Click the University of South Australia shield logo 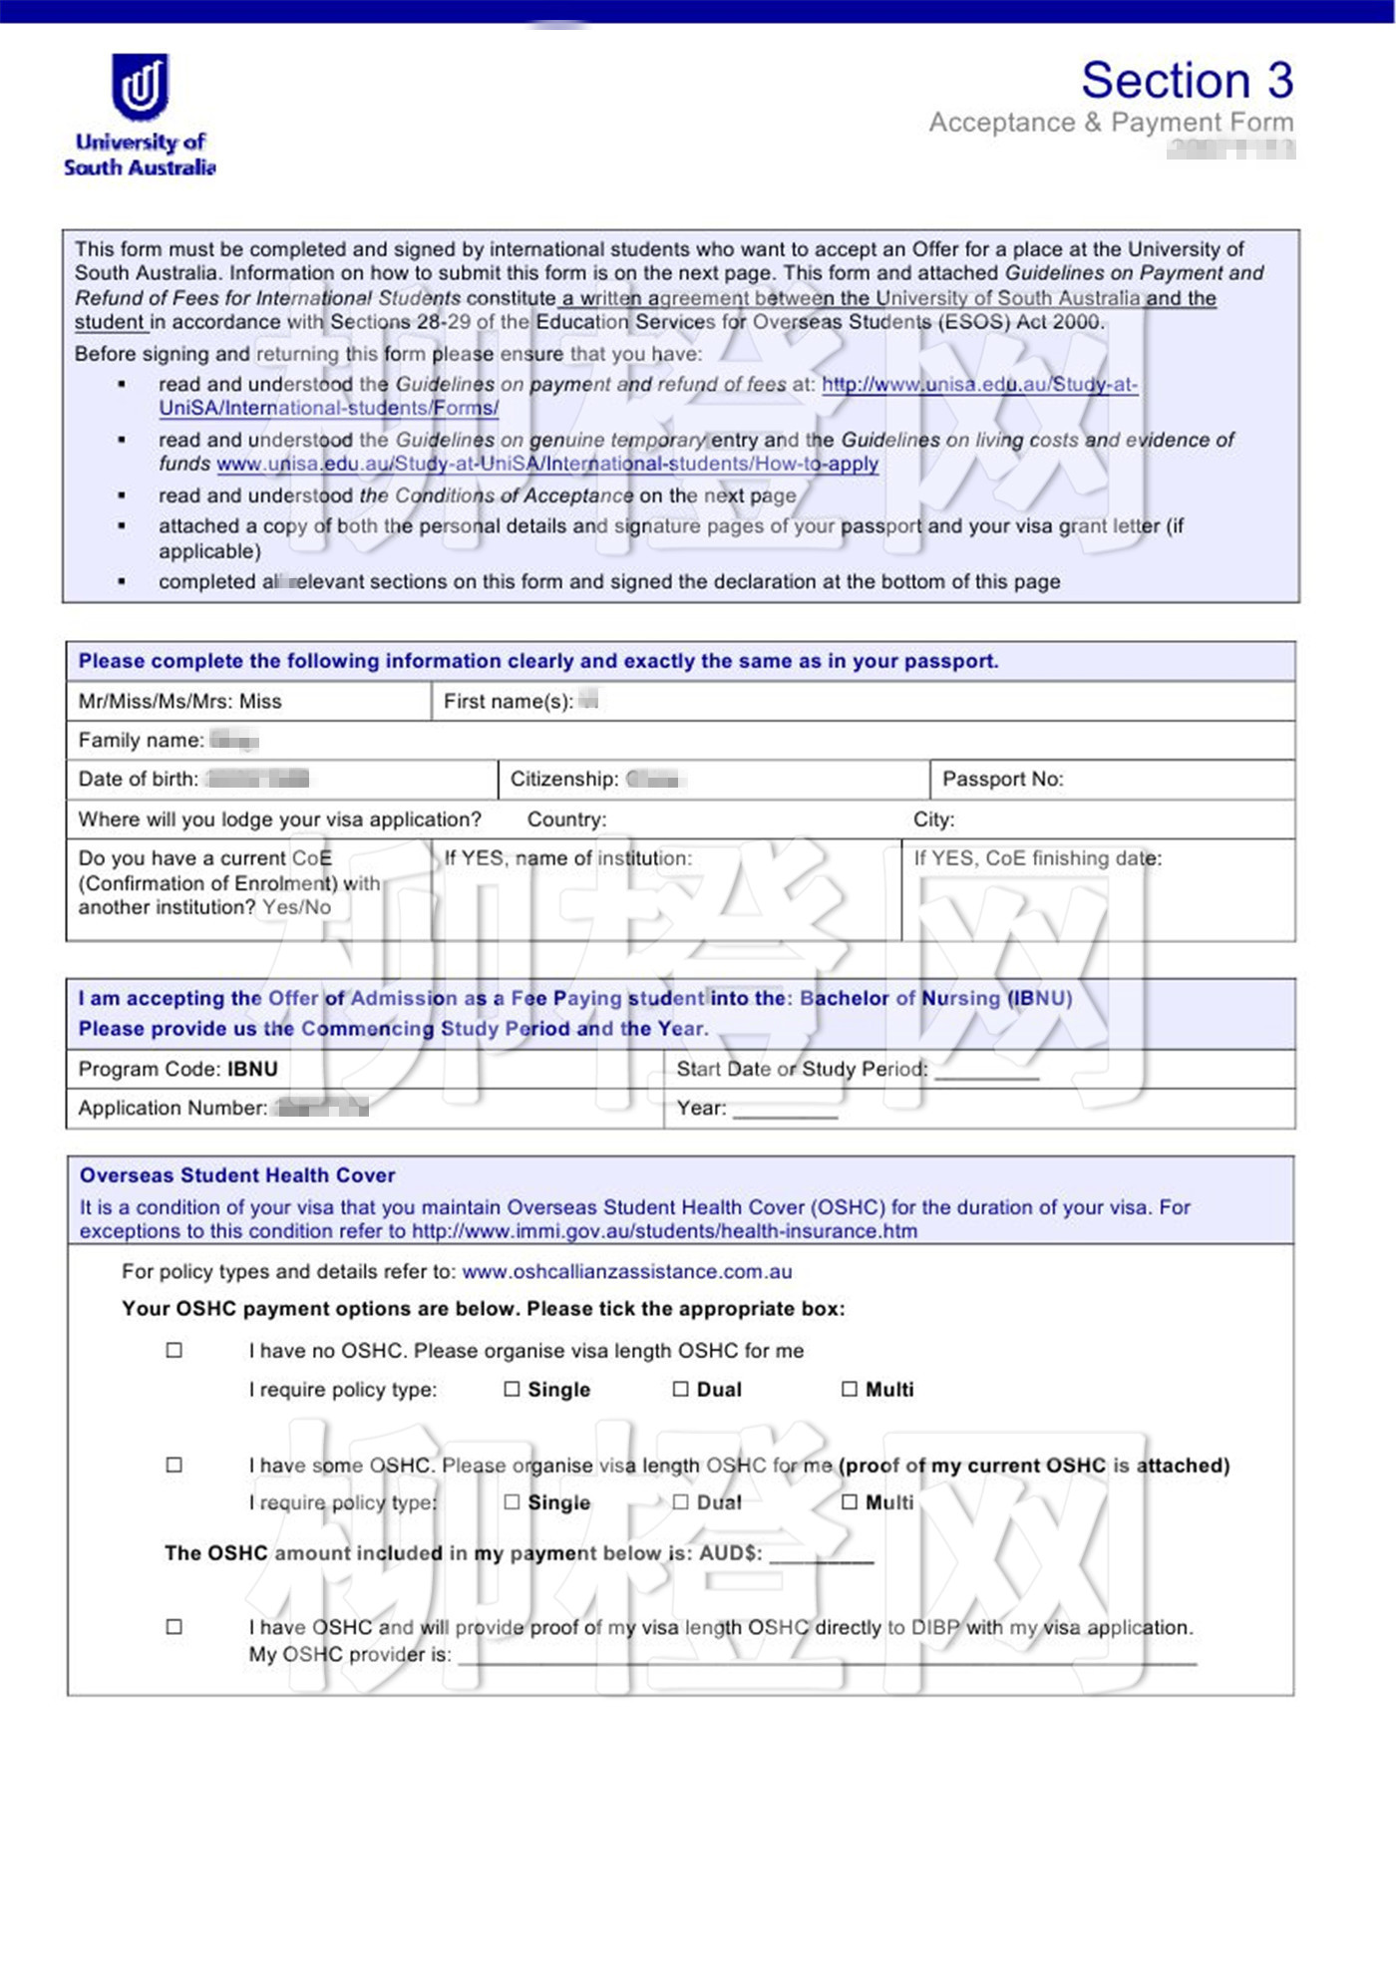(x=140, y=88)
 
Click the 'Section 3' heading (x=1187, y=81)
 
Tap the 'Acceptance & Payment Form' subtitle (x=1111, y=123)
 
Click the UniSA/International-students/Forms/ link (x=328, y=409)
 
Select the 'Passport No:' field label (x=1002, y=780)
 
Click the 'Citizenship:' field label (x=564, y=780)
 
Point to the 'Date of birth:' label (x=138, y=780)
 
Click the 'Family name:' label (x=141, y=741)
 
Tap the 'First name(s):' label (x=508, y=702)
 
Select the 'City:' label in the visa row (x=933, y=820)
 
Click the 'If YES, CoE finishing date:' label (x=1037, y=858)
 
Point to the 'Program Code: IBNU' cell (x=177, y=1070)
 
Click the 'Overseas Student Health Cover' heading (x=237, y=1175)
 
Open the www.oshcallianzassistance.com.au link (x=626, y=1272)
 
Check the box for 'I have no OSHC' (x=174, y=1351)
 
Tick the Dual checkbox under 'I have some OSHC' (x=681, y=1502)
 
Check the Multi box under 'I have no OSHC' (x=850, y=1389)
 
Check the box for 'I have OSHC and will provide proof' (x=174, y=1627)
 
